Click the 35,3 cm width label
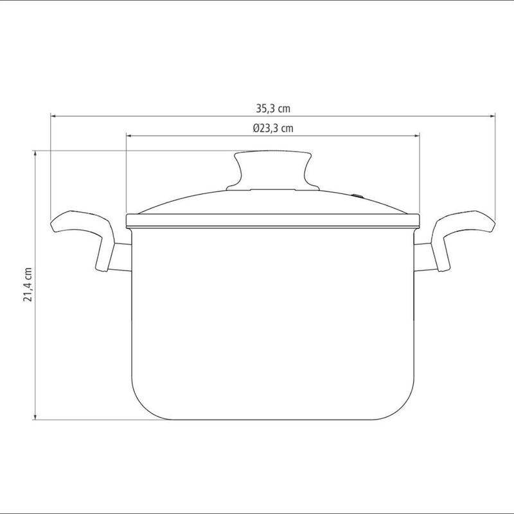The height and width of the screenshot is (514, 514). click(x=273, y=109)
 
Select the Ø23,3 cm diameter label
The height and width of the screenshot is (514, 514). click(x=273, y=128)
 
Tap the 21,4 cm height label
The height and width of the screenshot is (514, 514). click(x=28, y=285)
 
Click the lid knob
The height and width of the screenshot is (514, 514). click(x=272, y=170)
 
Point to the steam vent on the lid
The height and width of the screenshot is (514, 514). click(x=358, y=197)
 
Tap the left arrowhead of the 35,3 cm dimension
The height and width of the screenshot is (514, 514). click(x=53, y=116)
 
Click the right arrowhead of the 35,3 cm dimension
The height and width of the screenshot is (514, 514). click(x=492, y=116)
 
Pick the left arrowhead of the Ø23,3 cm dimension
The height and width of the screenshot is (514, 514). click(x=129, y=135)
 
